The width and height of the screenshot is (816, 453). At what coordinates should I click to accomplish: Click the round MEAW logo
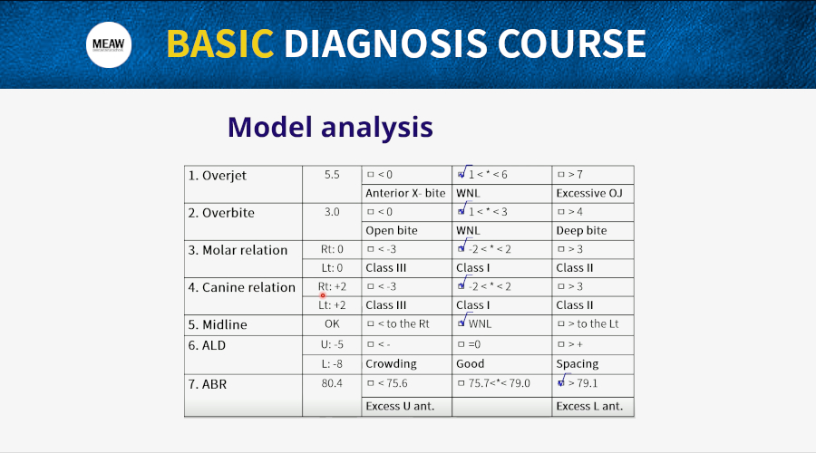(109, 44)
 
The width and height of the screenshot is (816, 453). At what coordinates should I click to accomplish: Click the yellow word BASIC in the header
(220, 43)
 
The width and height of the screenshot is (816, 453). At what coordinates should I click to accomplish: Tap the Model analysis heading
(330, 127)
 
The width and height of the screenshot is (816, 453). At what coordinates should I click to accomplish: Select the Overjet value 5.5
(332, 175)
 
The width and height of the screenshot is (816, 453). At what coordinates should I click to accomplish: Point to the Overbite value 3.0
(332, 212)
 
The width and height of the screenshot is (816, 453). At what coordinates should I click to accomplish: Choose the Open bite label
(392, 230)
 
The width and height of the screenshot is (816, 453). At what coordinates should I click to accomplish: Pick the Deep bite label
(581, 230)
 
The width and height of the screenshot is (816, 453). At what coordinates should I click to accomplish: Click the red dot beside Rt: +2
(323, 295)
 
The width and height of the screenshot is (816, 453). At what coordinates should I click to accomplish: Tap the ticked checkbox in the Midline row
(461, 323)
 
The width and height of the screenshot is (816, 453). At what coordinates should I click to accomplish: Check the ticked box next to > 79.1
(561, 383)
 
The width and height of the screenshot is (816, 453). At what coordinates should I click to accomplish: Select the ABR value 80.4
(332, 383)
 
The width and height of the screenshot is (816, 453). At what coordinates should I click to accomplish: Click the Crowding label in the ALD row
(391, 363)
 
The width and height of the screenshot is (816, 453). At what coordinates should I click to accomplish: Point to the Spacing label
(578, 363)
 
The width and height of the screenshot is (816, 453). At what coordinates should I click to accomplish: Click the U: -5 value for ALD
(332, 344)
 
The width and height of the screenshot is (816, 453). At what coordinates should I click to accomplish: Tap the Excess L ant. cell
(589, 406)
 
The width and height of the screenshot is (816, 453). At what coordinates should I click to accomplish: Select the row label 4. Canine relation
(241, 287)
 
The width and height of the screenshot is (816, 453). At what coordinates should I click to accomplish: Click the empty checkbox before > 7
(561, 175)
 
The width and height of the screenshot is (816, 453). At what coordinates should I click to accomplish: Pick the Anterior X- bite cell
(405, 194)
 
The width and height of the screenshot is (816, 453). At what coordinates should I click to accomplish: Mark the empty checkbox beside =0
(461, 344)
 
